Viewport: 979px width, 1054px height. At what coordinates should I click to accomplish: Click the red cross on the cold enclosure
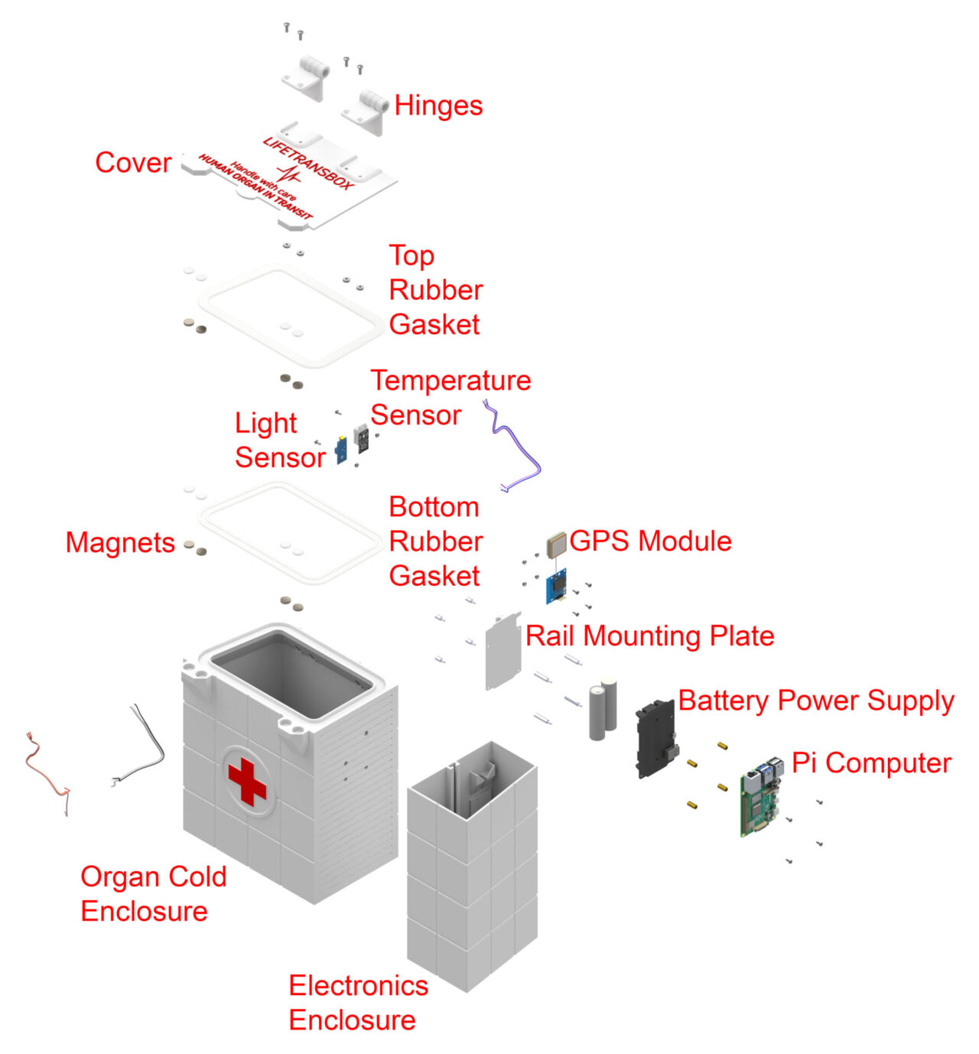tap(247, 781)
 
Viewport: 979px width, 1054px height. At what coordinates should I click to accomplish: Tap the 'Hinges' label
tap(438, 106)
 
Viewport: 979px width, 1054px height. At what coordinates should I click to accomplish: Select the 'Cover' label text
tap(133, 163)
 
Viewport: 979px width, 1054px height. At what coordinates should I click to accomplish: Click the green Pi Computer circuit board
tap(760, 800)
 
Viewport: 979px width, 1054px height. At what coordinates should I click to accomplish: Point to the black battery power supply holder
tap(655, 739)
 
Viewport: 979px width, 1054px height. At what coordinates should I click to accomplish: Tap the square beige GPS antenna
tap(556, 544)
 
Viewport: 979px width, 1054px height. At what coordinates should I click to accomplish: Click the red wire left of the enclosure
tap(42, 772)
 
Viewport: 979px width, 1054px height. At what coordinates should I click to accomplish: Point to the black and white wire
tap(145, 746)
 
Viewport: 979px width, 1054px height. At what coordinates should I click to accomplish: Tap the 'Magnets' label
tap(120, 542)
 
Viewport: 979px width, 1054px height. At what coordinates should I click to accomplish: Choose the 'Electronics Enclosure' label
tap(358, 1003)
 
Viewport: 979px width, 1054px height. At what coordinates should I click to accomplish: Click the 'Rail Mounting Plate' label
tap(649, 636)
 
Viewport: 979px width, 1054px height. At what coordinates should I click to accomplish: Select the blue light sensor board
tap(341, 450)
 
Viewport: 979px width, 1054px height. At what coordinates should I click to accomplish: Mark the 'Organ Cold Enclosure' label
tap(153, 893)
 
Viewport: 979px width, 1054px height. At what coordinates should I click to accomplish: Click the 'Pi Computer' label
tap(870, 763)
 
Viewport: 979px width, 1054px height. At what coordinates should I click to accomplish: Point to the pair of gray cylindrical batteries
tap(603, 711)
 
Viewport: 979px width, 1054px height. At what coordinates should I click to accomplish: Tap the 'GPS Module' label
tap(650, 541)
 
